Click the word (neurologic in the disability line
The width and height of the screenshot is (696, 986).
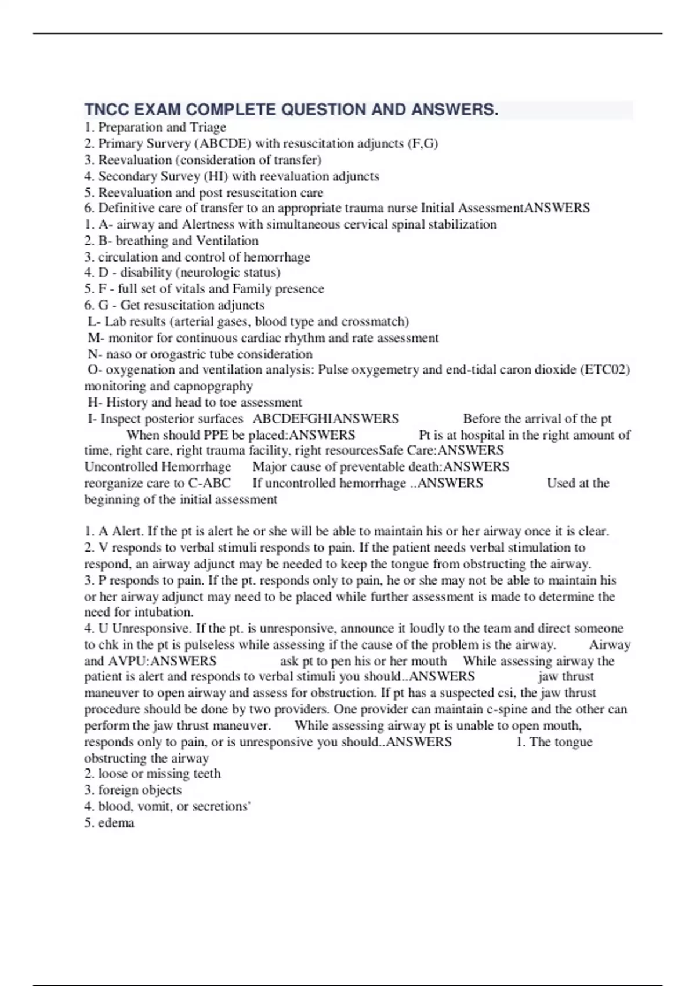(206, 273)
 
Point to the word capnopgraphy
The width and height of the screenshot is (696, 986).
(219, 386)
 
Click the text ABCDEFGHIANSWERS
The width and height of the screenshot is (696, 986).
(326, 419)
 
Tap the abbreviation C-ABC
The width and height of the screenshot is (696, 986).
(209, 483)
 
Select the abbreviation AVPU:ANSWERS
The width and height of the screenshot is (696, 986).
(162, 661)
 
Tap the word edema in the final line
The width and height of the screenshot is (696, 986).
(117, 822)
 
